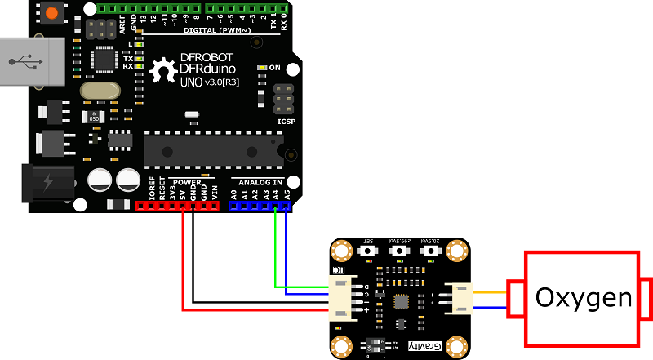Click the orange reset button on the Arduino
point(53,14)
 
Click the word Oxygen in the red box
point(583,298)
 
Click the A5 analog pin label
point(287,194)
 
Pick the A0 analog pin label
point(234,194)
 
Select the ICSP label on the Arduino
point(286,122)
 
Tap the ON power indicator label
point(274,67)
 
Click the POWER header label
point(187,181)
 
